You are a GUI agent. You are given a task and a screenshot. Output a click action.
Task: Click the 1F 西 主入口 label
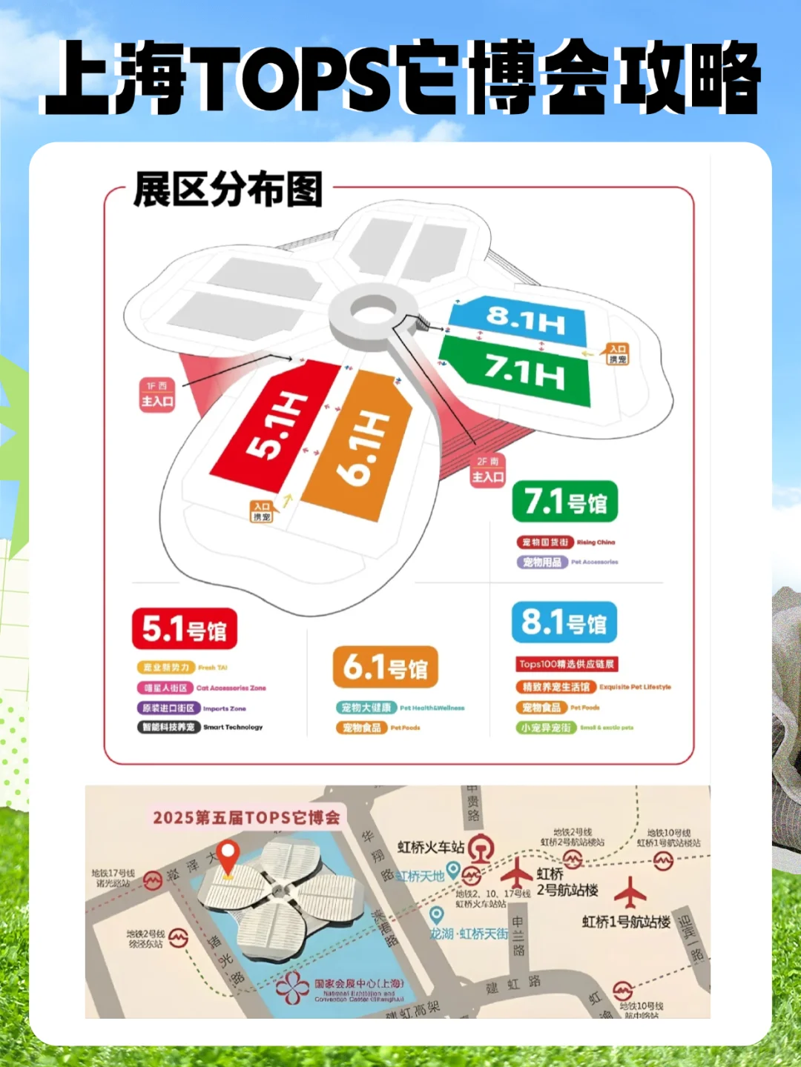(x=157, y=394)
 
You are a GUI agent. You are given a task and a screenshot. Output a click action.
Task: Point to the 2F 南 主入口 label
(x=488, y=471)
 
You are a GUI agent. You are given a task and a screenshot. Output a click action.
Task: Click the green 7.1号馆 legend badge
(x=565, y=502)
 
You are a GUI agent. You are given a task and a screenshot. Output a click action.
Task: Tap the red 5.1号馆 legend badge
(x=185, y=629)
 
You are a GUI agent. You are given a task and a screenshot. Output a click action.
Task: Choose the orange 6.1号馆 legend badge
(x=385, y=667)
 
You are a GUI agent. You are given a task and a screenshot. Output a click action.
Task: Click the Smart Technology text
(x=233, y=728)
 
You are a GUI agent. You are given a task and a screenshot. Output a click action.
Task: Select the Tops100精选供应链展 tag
(x=567, y=664)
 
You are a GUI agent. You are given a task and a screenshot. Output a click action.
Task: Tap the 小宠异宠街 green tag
(x=546, y=728)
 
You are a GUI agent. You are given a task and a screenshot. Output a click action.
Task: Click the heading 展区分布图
(x=228, y=190)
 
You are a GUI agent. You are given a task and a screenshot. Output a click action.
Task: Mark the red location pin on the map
(x=228, y=857)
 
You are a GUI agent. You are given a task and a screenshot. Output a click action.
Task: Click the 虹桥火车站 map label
(x=431, y=846)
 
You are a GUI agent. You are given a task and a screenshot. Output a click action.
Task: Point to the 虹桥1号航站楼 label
(x=626, y=922)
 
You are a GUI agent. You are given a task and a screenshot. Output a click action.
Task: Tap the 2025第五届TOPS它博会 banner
(x=246, y=817)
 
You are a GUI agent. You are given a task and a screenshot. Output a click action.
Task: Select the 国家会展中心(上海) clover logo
(x=292, y=988)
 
